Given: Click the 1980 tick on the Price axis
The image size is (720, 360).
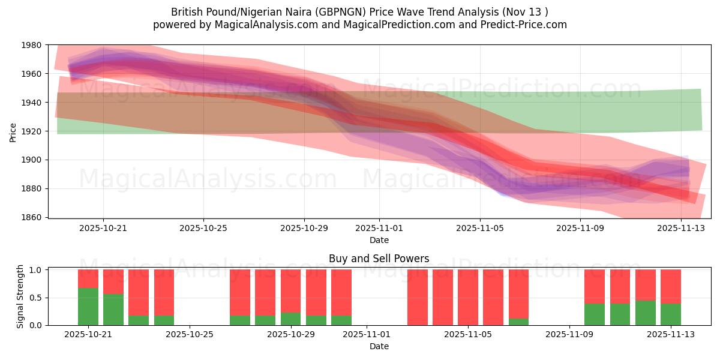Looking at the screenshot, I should pos(31,45).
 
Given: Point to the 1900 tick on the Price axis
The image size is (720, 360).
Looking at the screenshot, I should pos(31,160).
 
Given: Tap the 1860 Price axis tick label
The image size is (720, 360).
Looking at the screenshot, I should pos(31,217).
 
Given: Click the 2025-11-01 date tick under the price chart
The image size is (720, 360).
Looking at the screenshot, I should pos(379,228).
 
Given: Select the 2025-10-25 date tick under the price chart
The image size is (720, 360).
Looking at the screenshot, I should pos(203,228).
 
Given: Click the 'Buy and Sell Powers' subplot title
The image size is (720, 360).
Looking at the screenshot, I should pos(379,259).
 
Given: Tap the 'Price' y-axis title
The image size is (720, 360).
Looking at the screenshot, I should pos(13,131).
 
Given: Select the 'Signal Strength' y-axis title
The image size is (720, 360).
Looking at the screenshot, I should pos(20,297).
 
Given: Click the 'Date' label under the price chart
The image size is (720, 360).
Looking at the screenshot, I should pos(379,240).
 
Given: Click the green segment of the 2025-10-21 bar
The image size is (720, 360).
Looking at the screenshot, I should pos(88,307).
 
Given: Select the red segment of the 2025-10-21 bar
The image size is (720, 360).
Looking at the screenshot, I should pos(88,279).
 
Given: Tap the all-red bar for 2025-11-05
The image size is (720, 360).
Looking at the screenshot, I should pos(468,297).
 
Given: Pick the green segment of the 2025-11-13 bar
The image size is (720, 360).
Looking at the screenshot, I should pos(671,314).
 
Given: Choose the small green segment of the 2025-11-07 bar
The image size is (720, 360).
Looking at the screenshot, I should pos(518,322).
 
